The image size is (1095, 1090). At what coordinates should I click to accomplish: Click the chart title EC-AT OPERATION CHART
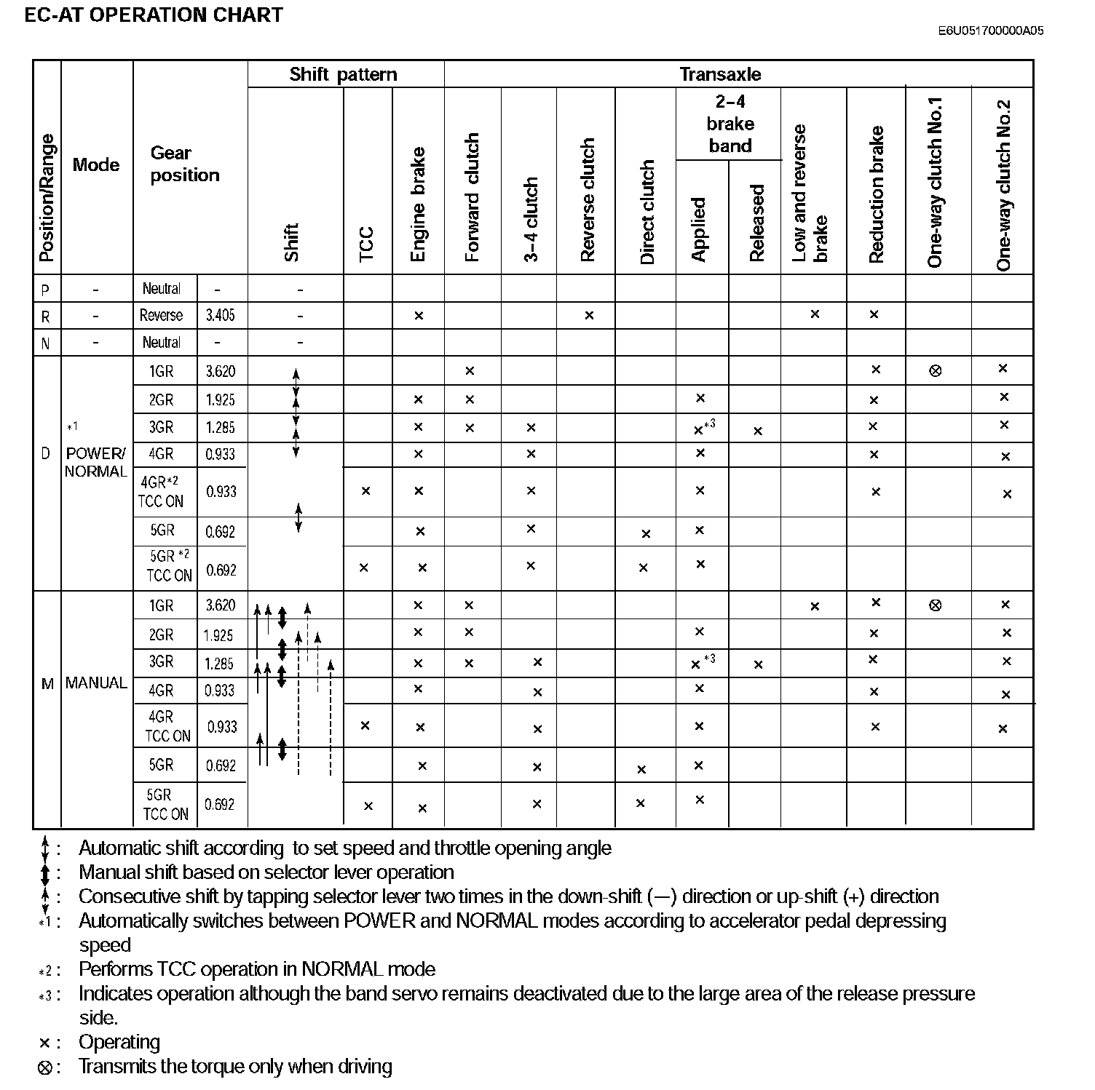(x=154, y=15)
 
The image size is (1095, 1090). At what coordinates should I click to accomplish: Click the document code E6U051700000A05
(x=990, y=31)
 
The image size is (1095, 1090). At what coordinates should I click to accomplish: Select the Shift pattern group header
(x=343, y=74)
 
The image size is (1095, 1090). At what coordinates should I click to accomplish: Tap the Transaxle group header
(x=720, y=74)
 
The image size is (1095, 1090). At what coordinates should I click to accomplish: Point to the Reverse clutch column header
(x=588, y=199)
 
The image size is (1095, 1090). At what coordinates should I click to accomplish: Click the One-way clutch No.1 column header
(x=936, y=182)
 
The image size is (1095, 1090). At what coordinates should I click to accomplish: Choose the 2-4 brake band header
(x=730, y=124)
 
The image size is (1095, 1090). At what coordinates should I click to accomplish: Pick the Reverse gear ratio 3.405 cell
(x=221, y=315)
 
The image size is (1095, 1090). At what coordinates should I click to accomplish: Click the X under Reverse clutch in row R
(x=589, y=315)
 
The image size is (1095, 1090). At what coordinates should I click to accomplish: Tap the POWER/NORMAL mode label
(x=96, y=462)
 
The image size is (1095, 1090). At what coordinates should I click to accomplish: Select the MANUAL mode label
(x=96, y=683)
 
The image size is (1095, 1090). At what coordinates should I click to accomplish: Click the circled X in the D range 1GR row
(x=936, y=371)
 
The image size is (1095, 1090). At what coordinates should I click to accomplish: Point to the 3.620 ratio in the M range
(x=221, y=605)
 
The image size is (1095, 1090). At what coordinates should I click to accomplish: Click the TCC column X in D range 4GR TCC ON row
(x=365, y=491)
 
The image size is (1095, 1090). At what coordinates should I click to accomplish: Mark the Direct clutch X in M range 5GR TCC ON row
(x=640, y=803)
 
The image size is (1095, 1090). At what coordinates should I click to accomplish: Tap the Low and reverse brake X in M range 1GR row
(x=815, y=606)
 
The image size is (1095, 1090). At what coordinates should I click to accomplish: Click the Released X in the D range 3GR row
(x=758, y=431)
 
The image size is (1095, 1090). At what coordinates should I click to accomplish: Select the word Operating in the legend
(x=119, y=1042)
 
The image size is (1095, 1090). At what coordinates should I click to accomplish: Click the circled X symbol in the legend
(x=45, y=1067)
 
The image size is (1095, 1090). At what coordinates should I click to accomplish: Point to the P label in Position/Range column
(x=46, y=290)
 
